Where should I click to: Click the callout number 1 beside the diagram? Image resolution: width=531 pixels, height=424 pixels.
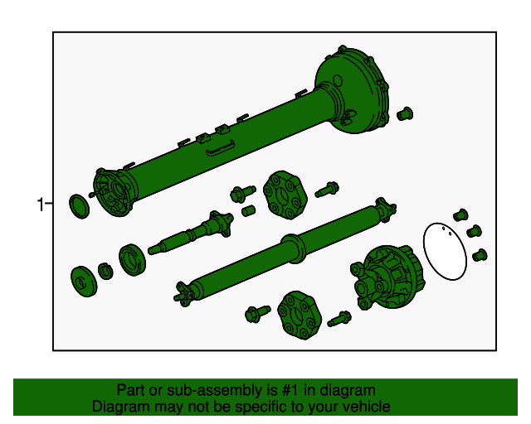(41, 205)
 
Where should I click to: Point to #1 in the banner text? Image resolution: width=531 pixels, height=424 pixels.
(290, 391)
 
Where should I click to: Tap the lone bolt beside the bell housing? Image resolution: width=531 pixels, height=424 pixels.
(405, 114)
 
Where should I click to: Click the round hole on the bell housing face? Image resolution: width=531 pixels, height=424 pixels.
(338, 81)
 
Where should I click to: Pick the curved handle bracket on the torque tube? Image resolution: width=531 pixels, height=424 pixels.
(221, 147)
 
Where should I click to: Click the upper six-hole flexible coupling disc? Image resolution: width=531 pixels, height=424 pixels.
(285, 195)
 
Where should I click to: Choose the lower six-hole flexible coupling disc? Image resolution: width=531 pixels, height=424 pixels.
(300, 316)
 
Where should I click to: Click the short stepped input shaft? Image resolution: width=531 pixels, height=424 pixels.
(192, 233)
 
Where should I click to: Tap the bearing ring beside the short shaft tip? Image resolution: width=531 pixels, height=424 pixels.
(133, 259)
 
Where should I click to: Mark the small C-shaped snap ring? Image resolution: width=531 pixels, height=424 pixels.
(105, 271)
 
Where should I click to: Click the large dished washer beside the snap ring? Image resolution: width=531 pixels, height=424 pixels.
(84, 282)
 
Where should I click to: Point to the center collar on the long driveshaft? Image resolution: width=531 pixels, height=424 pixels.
(293, 248)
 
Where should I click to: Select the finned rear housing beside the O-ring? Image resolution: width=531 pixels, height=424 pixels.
(388, 277)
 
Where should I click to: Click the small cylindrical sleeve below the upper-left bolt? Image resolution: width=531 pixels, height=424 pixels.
(248, 210)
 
